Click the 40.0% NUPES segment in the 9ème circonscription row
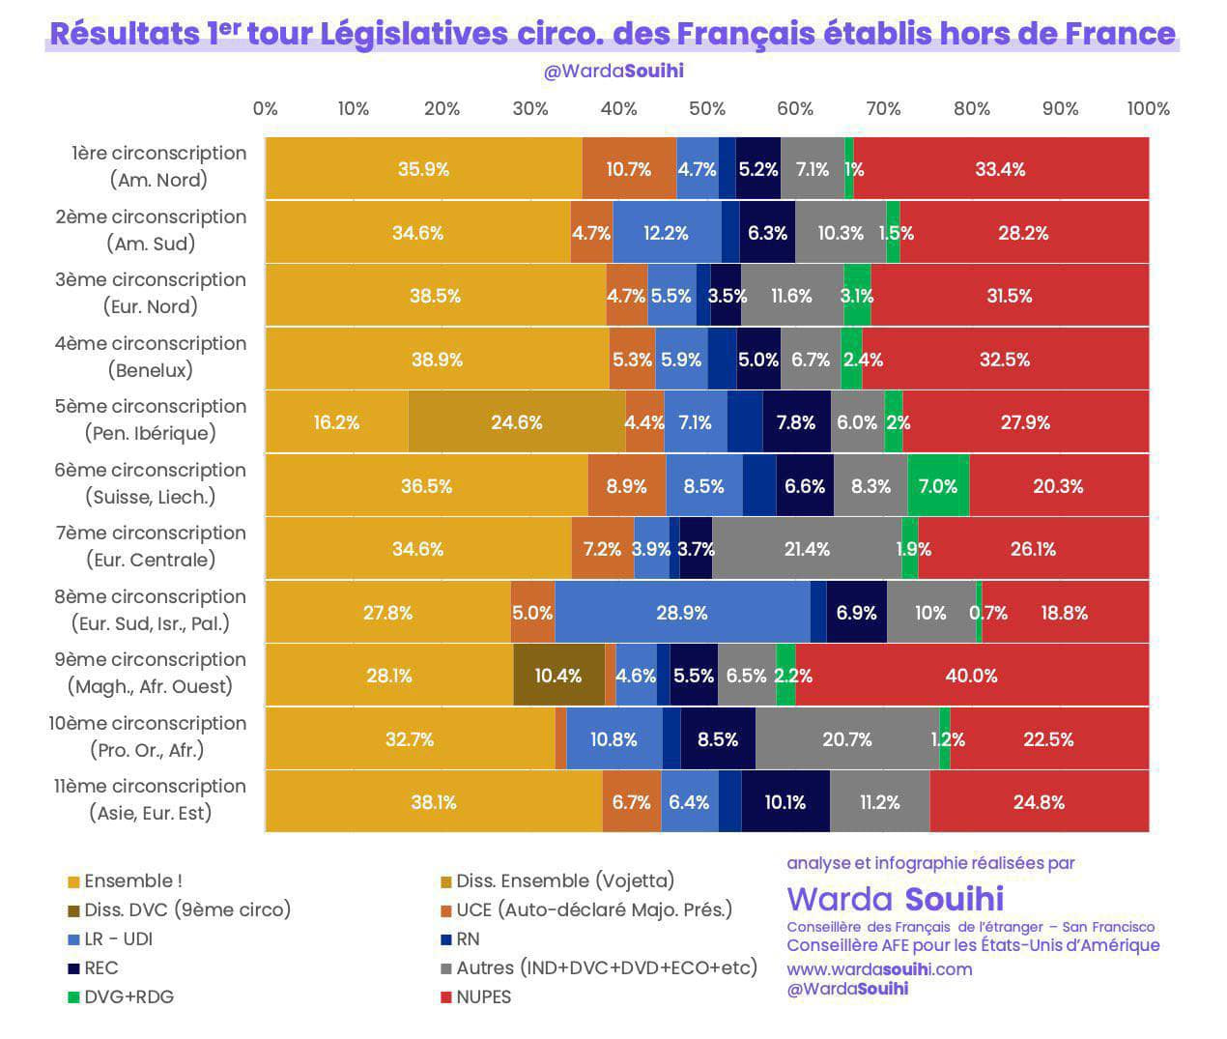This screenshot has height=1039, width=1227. (x=972, y=676)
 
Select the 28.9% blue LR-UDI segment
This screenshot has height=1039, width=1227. (x=682, y=613)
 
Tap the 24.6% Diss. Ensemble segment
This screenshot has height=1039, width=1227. (x=517, y=422)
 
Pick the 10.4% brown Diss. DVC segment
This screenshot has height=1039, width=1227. (x=558, y=676)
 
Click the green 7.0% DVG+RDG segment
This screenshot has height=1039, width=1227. (x=938, y=486)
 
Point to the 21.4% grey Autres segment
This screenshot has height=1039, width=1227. (x=807, y=549)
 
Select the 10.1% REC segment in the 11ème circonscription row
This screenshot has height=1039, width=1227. (x=785, y=802)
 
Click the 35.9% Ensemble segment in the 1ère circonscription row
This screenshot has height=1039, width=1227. (x=423, y=169)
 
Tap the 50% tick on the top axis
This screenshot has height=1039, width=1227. (x=706, y=108)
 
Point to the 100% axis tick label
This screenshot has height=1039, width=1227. (x=1148, y=108)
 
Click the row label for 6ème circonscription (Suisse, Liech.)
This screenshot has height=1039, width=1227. (x=150, y=483)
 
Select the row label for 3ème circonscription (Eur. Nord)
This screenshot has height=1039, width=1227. (x=150, y=293)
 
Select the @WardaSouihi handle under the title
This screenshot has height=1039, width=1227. (x=613, y=71)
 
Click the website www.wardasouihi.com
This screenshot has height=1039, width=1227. (x=879, y=968)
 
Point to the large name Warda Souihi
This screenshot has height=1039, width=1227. (x=895, y=899)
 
